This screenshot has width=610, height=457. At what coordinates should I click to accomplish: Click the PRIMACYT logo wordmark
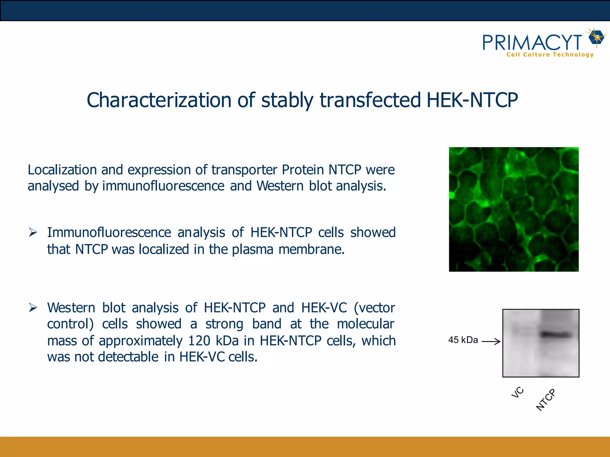[x=532, y=43]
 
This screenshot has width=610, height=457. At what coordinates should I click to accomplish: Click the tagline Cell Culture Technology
[x=550, y=55]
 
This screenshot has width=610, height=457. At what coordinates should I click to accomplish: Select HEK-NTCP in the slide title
[x=472, y=100]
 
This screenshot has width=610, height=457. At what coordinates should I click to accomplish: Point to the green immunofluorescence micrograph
[x=513, y=209]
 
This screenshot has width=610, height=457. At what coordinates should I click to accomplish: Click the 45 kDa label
[x=463, y=340]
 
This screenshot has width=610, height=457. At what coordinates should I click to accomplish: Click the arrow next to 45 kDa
[x=491, y=341]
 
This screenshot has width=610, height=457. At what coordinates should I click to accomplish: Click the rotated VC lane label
[x=517, y=392]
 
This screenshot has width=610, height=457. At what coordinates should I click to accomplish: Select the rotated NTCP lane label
[x=546, y=400]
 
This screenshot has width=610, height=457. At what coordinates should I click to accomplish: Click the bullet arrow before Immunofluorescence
[x=33, y=232]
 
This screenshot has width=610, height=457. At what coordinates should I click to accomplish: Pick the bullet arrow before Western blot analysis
[x=33, y=308]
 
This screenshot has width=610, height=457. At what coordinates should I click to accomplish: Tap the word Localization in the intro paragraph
[x=62, y=170]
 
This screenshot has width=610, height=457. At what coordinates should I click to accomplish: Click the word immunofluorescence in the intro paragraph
[x=163, y=186]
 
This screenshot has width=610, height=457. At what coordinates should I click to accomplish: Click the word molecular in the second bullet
[x=365, y=324]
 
